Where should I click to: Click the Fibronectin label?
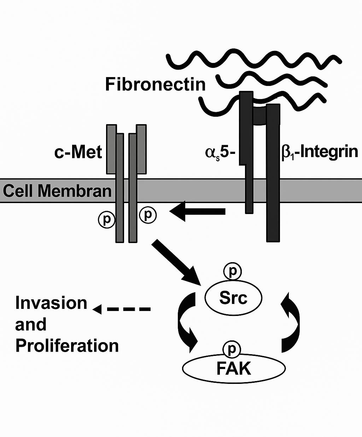tap(155, 85)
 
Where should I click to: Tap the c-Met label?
tap(78, 153)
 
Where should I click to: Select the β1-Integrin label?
tap(319, 152)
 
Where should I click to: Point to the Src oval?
tap(233, 298)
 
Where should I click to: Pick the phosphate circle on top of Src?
tap(232, 271)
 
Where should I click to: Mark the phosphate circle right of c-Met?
tap(148, 215)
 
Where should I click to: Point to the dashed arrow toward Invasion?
tap(122, 309)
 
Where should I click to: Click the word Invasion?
tap(51, 303)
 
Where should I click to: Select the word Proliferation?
tap(67, 346)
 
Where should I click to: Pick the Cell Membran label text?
tap(57, 191)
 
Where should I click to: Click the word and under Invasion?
tap(31, 324)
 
